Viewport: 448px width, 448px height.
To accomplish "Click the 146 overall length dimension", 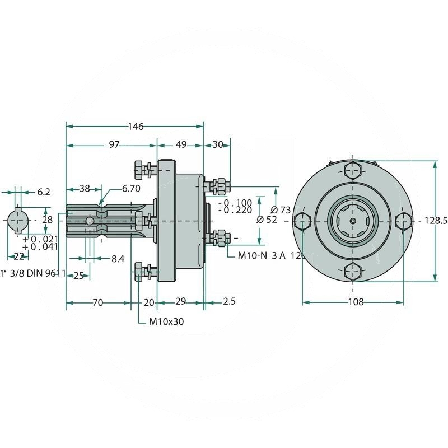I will coord(136,127).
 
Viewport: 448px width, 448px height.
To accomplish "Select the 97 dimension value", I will coord(114,144).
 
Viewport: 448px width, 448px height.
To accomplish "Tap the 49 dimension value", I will coord(181,144).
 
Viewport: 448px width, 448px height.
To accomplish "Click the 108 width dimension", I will coord(356,302).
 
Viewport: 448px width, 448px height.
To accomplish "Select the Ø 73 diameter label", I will coord(285,210).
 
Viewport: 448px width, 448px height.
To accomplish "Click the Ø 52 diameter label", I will coord(267,220).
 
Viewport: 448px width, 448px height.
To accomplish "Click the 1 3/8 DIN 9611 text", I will coord(34,273).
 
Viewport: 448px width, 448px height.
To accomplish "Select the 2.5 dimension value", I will coord(228,301).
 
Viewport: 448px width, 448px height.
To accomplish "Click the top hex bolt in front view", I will coord(353,170).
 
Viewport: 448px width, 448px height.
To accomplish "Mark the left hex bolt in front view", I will coord(302,221).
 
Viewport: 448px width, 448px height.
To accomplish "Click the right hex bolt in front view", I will coord(403,221).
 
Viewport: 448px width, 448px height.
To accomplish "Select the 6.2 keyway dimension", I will coord(44,192).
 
